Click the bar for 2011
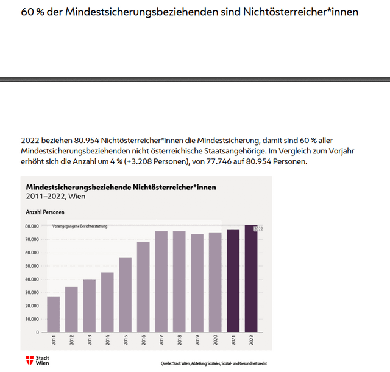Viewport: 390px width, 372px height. [x=54, y=314]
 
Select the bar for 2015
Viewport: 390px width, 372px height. [x=125, y=295]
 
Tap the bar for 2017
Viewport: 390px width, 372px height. [x=161, y=281]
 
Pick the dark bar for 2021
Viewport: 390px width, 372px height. [x=233, y=281]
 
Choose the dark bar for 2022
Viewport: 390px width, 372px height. [x=251, y=279]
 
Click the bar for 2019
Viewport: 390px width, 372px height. [x=197, y=283]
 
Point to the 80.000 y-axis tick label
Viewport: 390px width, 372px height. [x=32, y=226]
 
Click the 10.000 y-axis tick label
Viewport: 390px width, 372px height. [x=32, y=319]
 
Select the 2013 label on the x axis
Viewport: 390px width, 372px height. [x=90, y=341]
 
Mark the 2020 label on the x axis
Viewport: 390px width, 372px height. [x=215, y=341]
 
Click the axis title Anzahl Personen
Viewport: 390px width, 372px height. [x=45, y=212]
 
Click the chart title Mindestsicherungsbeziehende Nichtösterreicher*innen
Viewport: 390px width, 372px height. [x=121, y=187]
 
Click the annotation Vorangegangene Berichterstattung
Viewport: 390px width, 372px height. [x=80, y=226]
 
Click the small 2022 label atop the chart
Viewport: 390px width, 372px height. [x=258, y=228]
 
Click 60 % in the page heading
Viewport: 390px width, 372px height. [x=31, y=12]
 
